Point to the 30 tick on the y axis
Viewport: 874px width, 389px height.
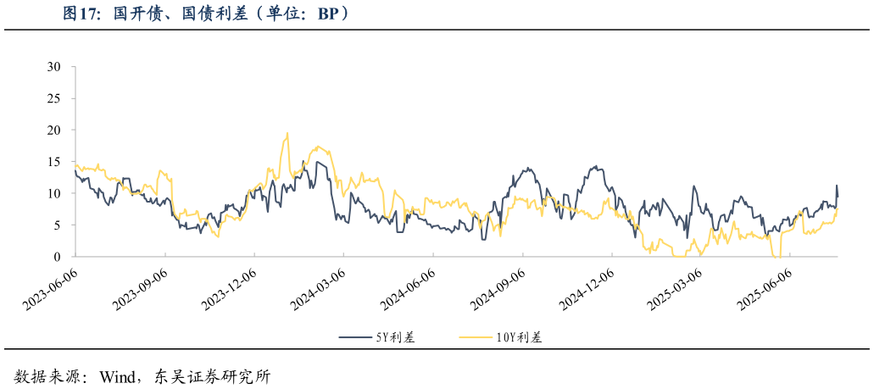55,66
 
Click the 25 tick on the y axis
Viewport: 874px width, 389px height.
55,98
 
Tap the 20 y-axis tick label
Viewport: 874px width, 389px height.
55,130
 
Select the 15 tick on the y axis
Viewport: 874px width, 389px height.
55,161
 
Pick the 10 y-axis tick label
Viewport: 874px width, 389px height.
55,193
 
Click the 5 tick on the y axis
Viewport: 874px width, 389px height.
58,225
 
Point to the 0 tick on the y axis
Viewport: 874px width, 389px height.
58,256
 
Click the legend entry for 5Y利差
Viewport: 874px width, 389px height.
377,337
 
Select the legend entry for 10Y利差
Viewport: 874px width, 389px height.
500,337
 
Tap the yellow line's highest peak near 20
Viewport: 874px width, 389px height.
287,133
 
